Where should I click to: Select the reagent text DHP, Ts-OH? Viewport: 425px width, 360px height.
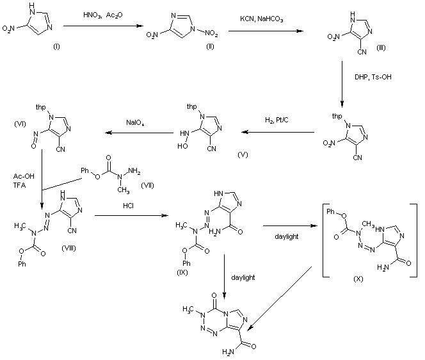pyautogui.click(x=365, y=76)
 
